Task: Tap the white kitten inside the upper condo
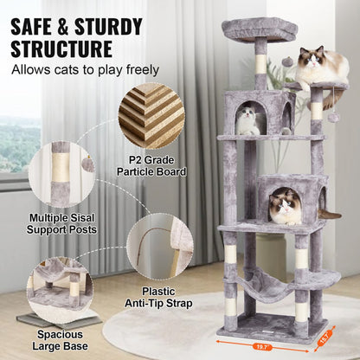tap(248, 120)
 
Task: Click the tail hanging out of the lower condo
tap(330, 213)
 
